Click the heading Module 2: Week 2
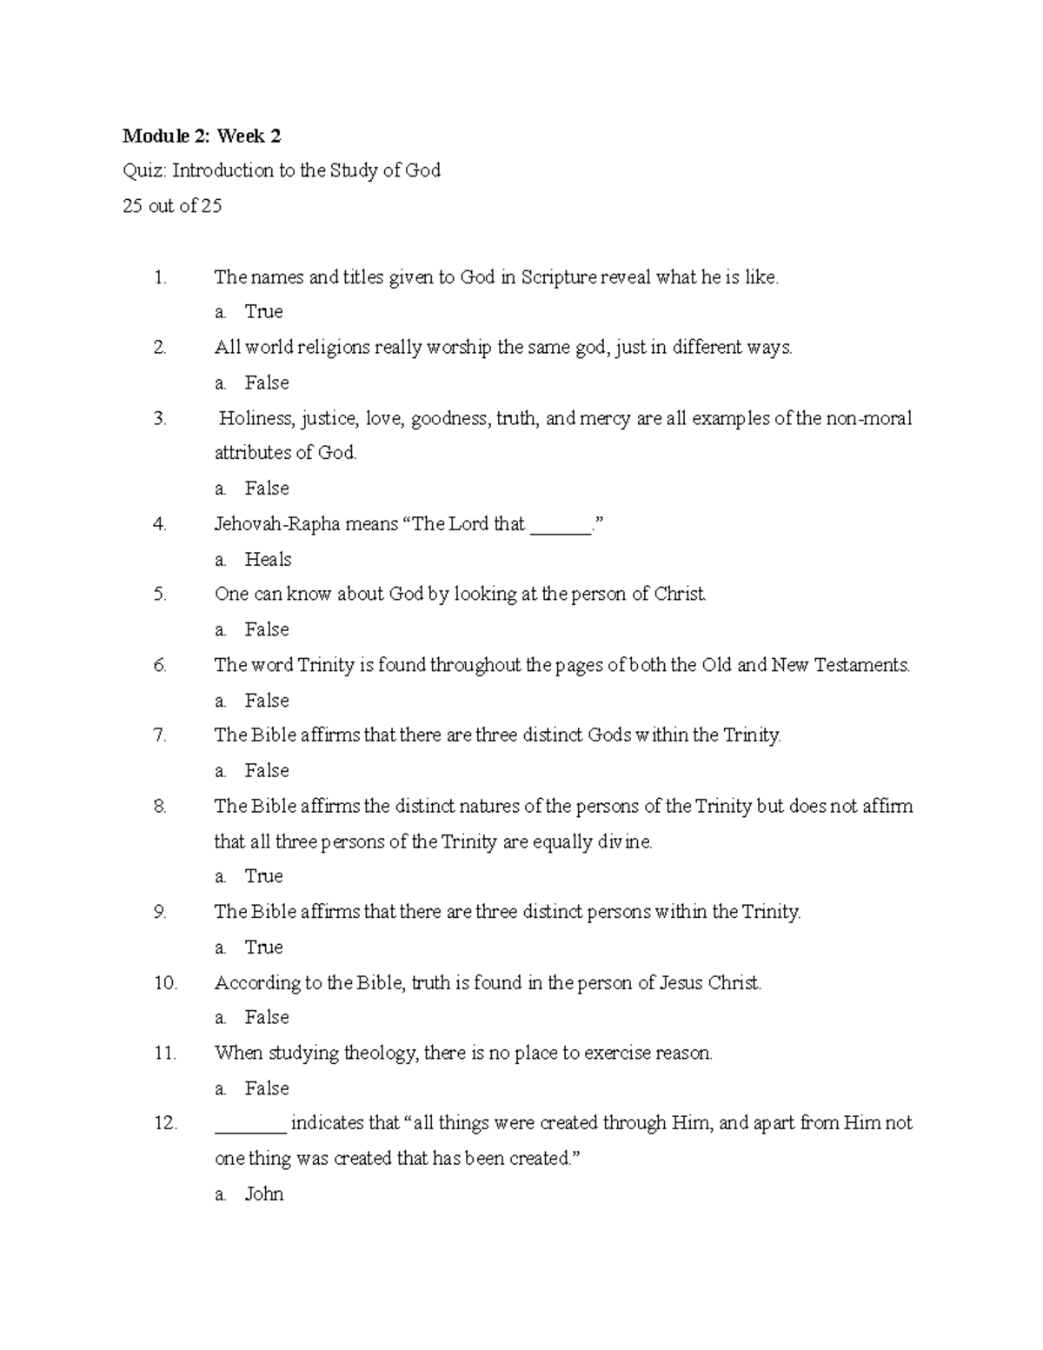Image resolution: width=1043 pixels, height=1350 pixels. click(x=202, y=136)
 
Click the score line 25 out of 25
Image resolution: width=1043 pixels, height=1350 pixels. click(x=172, y=206)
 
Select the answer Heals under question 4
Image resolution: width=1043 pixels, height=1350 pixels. click(x=268, y=559)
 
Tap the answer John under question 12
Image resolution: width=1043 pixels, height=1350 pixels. click(x=264, y=1194)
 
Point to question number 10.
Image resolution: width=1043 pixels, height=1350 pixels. click(x=165, y=982)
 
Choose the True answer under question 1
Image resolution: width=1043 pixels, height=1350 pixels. click(x=263, y=311)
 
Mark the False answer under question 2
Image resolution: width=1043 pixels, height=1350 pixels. click(x=267, y=382)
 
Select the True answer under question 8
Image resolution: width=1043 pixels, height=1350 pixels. click(x=263, y=876)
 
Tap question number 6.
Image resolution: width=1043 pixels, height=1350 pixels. click(x=160, y=665)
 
